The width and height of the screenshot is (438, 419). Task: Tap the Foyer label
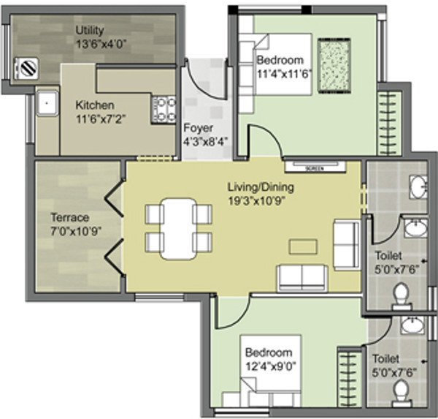click(x=198, y=127)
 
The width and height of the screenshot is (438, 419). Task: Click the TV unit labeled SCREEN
click(x=314, y=167)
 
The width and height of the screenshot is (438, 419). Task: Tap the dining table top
click(x=178, y=227)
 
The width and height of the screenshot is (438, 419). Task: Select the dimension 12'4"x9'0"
click(x=268, y=365)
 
